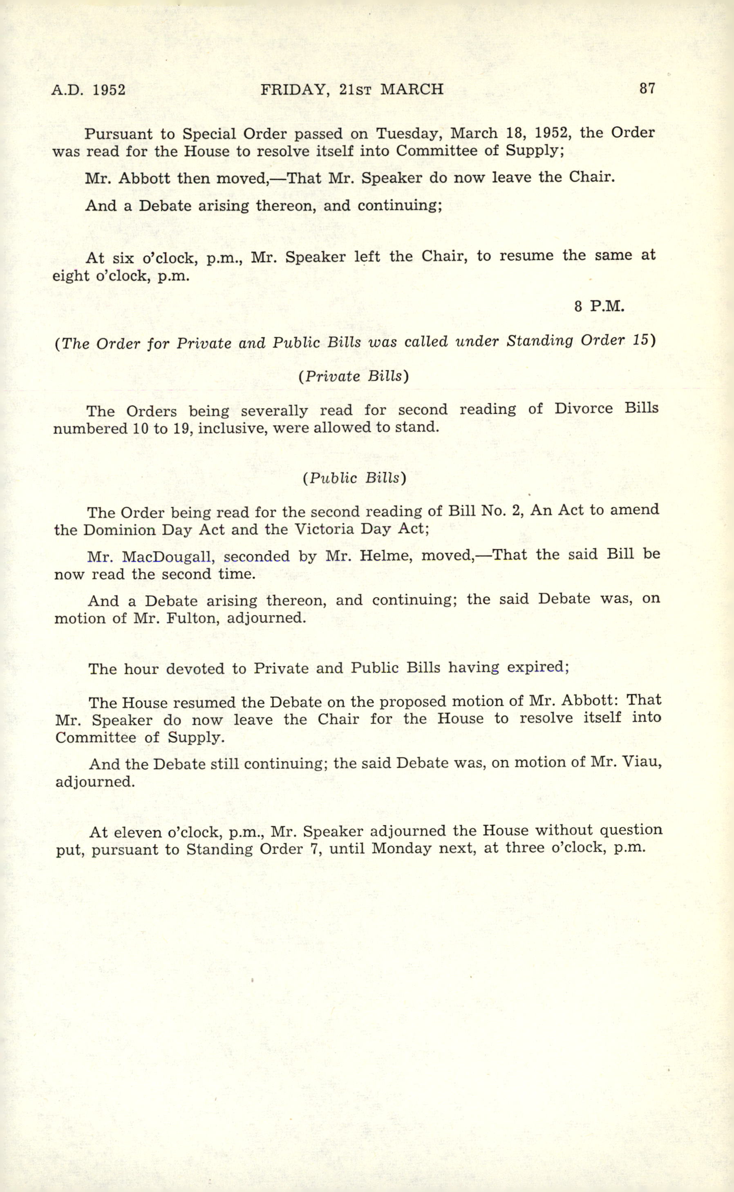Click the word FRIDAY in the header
293,90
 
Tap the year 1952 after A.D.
109,90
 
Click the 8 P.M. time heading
599,307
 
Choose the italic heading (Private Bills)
354,377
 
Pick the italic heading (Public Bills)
354,478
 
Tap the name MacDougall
168,556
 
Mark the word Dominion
119,530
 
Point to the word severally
274,411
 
